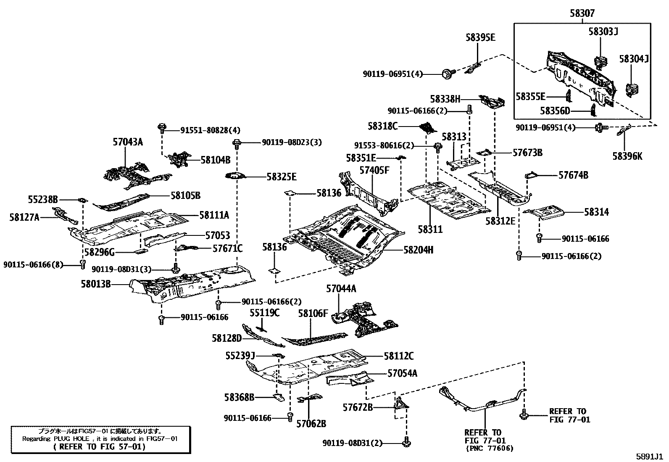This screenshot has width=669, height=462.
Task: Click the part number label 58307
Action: (x=582, y=13)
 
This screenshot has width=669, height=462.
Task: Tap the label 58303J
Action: (x=603, y=32)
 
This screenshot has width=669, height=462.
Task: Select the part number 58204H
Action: (x=418, y=250)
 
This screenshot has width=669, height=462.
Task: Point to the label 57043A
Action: (x=128, y=142)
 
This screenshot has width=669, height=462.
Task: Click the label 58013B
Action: (x=96, y=284)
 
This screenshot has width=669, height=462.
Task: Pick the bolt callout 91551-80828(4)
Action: (x=205, y=131)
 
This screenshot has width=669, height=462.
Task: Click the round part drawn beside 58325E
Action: (x=236, y=176)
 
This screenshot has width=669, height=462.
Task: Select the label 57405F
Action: (x=374, y=170)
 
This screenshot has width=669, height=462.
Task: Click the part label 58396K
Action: (x=627, y=156)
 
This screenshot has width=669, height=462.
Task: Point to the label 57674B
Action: (x=573, y=175)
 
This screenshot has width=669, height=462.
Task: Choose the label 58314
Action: (x=596, y=212)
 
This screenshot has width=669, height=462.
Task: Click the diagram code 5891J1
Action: (x=649, y=456)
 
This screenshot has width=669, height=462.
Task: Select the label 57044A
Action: (x=341, y=289)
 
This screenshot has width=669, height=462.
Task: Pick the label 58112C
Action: (x=398, y=356)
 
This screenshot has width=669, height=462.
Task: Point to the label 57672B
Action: (x=358, y=407)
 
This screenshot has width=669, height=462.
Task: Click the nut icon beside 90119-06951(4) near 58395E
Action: (x=447, y=74)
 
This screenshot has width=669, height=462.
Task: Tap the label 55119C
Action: (x=264, y=313)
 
